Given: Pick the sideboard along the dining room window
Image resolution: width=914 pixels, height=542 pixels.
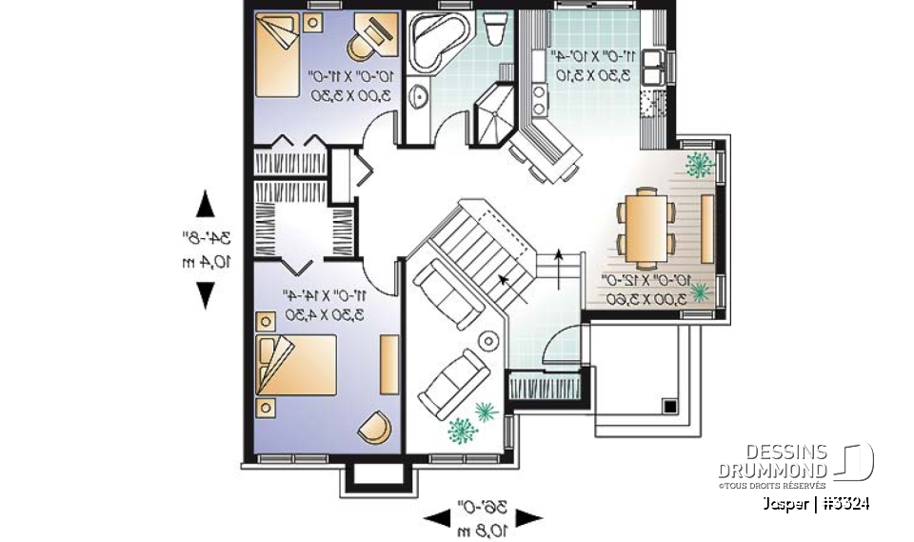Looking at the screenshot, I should coord(707,227).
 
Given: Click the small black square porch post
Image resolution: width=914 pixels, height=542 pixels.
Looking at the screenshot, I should coord(669,406).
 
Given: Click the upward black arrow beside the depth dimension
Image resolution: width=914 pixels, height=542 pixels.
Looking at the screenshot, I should coord(205,205).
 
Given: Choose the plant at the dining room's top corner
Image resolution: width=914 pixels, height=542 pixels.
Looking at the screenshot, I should coord(699,164).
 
